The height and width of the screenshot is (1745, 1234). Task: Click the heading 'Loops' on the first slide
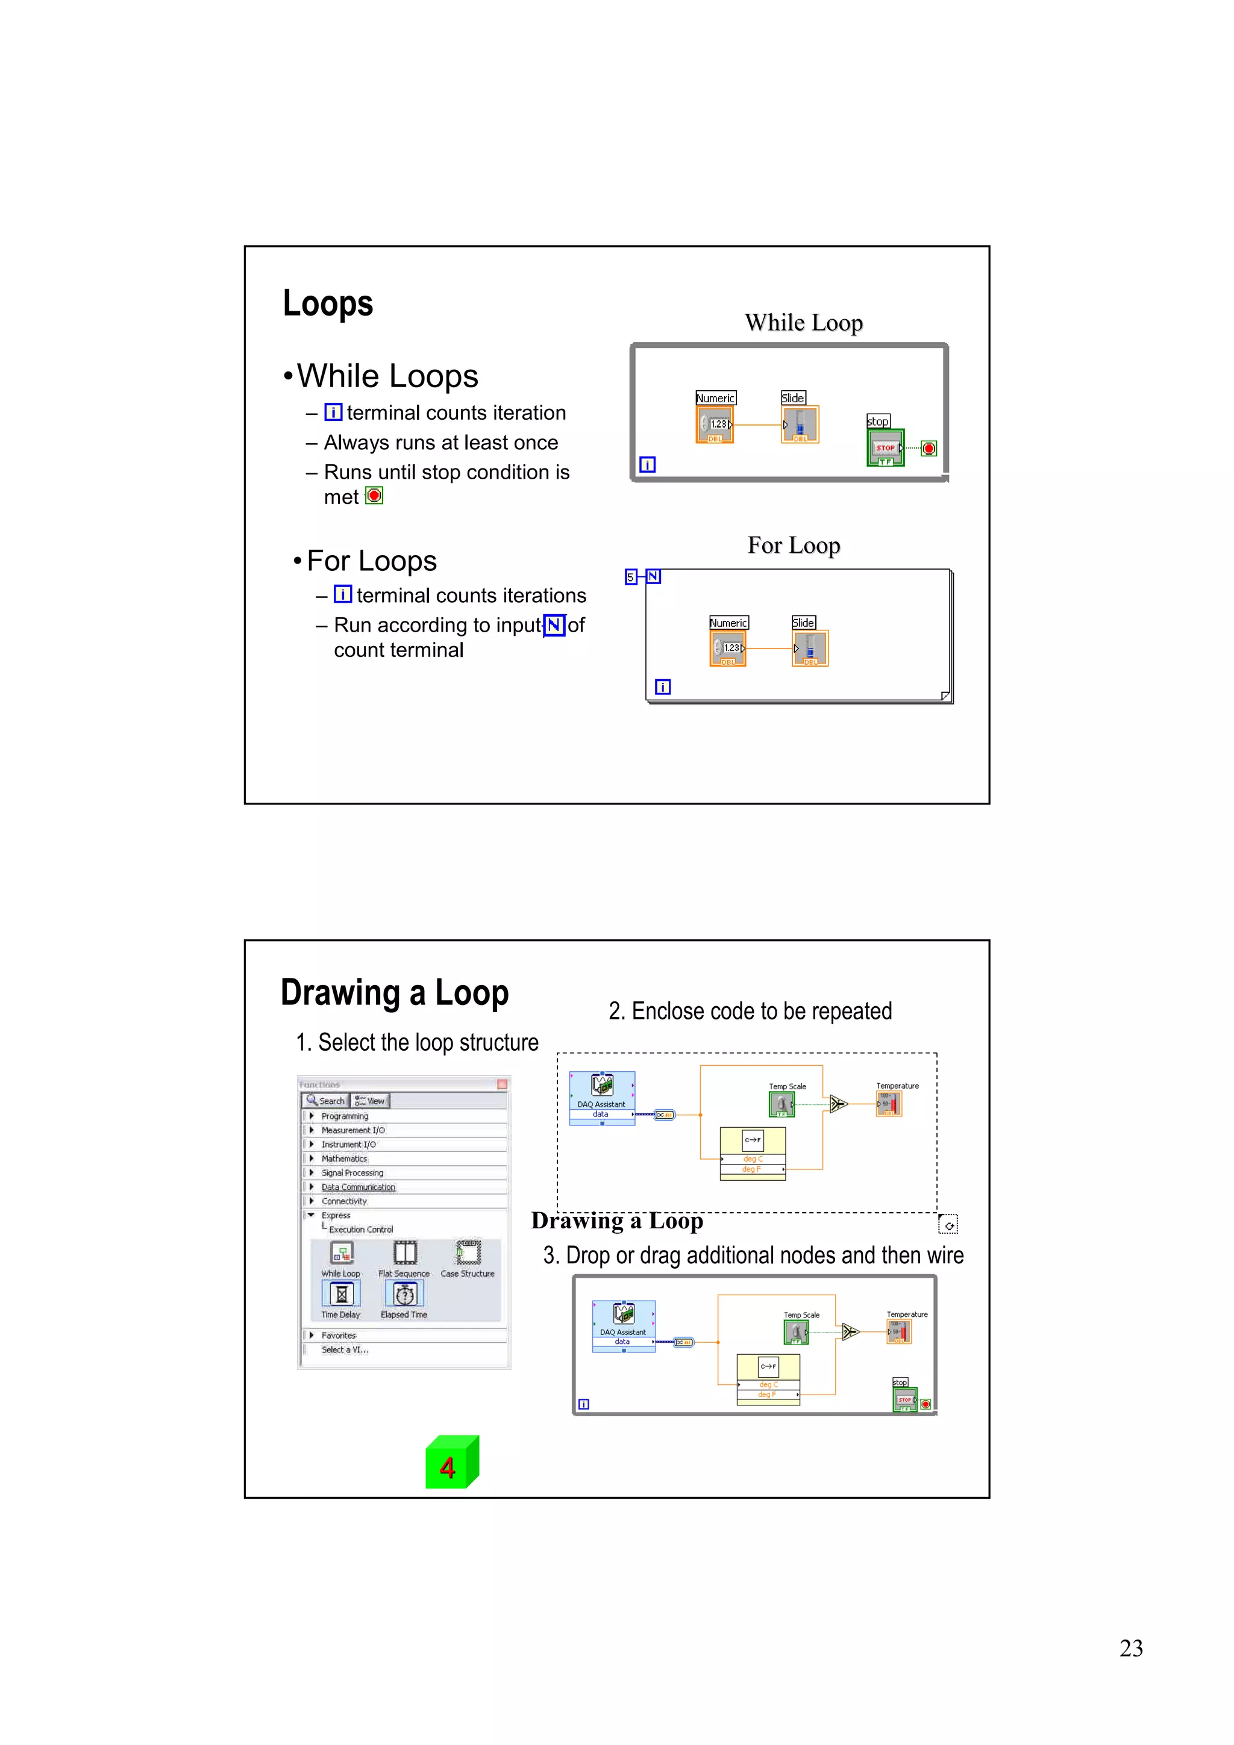328,303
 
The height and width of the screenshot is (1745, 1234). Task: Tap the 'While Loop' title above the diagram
803,323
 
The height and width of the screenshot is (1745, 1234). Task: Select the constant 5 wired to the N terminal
630,577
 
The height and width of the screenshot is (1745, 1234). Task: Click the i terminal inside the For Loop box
662,687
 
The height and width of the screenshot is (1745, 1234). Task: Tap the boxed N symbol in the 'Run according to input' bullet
554,626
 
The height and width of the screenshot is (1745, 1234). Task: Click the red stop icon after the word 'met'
374,496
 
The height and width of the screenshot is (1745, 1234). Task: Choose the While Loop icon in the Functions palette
342,1252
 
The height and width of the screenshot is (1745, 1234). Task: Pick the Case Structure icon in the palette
468,1252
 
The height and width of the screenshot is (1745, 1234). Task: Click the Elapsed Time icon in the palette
404,1295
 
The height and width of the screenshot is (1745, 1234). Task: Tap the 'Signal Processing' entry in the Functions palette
352,1173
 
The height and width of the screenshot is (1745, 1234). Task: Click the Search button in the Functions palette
325,1101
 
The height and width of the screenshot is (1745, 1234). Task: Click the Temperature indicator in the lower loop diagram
899,1331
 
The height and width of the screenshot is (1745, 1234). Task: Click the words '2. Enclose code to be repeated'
750,1012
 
